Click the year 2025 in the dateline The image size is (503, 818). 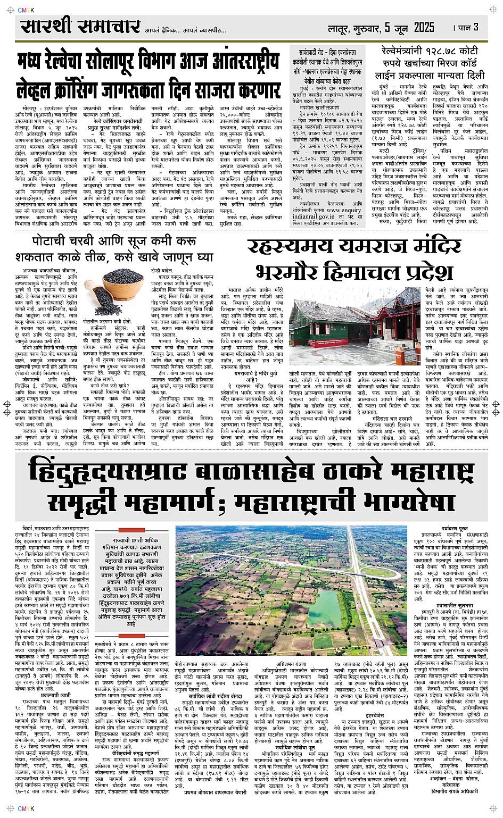[423, 27]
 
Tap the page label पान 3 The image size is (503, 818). [466, 27]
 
